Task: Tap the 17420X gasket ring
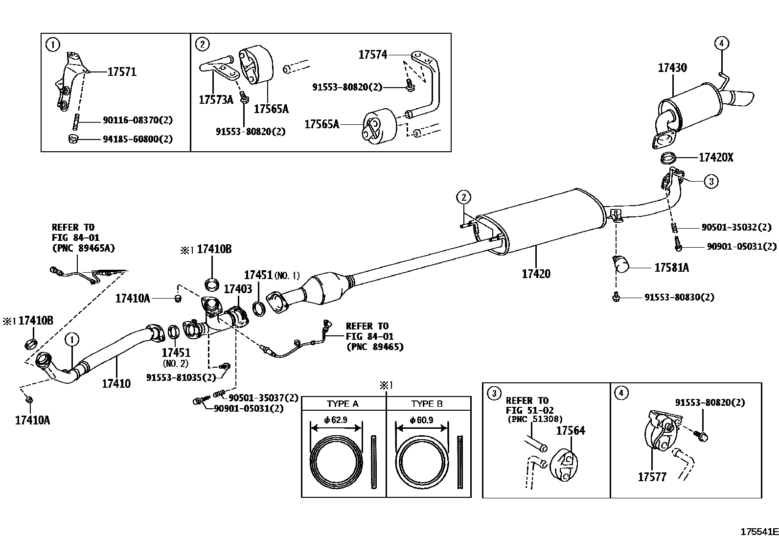[x=668, y=158]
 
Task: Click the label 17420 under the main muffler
[x=536, y=274]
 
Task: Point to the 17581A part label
[x=671, y=268]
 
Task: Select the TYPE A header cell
[x=343, y=404]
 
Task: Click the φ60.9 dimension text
[x=421, y=420]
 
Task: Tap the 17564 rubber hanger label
[x=571, y=431]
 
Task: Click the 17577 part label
[x=652, y=476]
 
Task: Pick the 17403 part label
[x=238, y=289]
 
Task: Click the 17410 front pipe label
[x=116, y=383]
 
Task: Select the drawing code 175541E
[x=758, y=532]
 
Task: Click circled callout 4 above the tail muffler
[x=721, y=44]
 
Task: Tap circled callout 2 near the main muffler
[x=463, y=198]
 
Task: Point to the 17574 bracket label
[x=372, y=55]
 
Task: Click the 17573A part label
[x=216, y=100]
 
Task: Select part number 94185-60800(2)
[x=137, y=139]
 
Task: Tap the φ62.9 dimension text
[x=336, y=420]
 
